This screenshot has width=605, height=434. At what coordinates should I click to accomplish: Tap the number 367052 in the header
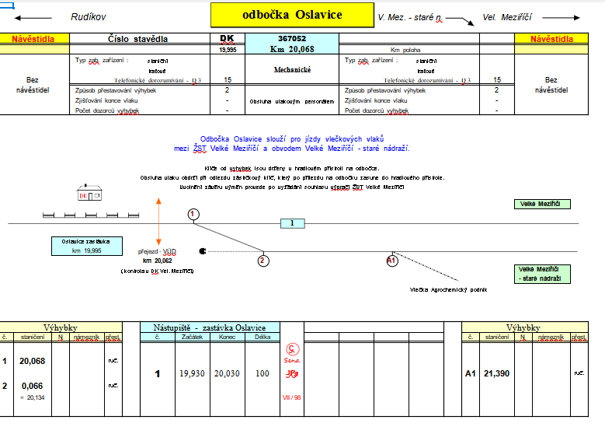[x=292, y=38]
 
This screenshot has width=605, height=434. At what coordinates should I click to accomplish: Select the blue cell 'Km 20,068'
[x=292, y=49]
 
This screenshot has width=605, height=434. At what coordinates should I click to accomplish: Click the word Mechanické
[x=292, y=70]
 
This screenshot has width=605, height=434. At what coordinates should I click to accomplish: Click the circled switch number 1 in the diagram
[x=193, y=214]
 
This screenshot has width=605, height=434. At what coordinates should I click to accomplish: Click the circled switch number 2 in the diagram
[x=263, y=261]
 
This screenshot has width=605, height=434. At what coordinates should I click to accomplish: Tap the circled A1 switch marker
[x=392, y=261]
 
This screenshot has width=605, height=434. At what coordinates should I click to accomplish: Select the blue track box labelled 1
[x=292, y=224]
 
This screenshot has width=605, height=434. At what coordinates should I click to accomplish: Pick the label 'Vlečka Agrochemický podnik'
[x=448, y=289]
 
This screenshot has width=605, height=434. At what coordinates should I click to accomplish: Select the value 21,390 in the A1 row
[x=497, y=374]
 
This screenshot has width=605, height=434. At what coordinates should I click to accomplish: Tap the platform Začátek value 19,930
[x=192, y=374]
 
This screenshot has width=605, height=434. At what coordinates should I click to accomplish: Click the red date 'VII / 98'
[x=292, y=397]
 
